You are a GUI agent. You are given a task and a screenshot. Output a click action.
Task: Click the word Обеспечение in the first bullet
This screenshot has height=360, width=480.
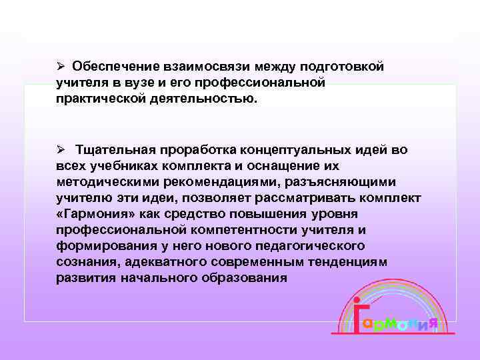(x=109, y=67)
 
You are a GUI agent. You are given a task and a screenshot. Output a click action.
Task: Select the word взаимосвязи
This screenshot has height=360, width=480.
(x=189, y=67)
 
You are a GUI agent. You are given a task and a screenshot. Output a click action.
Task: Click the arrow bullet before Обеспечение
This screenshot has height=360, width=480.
(x=60, y=67)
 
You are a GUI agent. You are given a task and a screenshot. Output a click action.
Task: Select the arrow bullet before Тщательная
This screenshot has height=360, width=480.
(x=60, y=150)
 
